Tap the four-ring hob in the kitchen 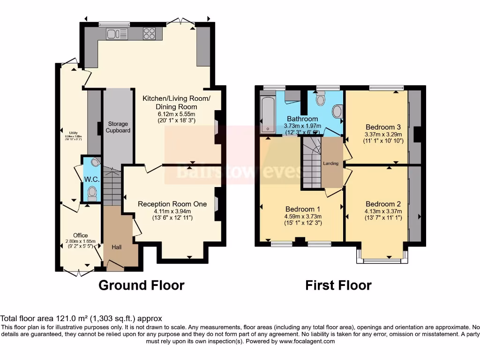[150, 33]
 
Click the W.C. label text [90, 180]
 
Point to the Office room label [80, 235]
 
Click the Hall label [117, 247]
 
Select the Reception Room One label [172, 204]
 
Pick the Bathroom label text [302, 119]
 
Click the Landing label [330, 164]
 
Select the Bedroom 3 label [383, 127]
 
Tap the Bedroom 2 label [383, 204]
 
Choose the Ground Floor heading [141, 285]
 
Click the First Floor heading [338, 285]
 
